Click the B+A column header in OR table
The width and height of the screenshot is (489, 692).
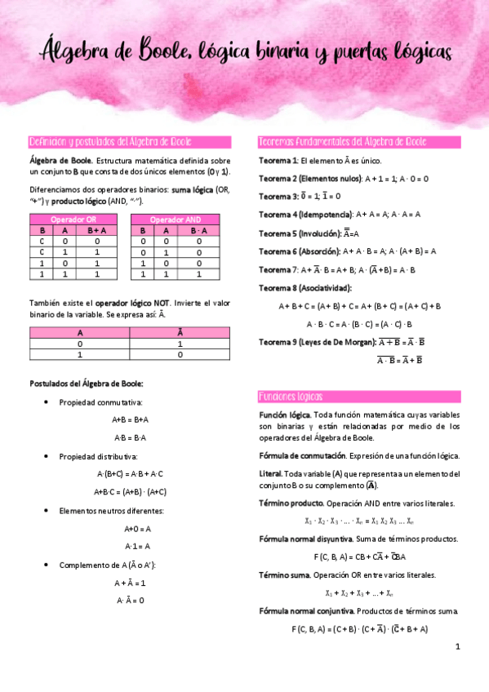[x=96, y=230]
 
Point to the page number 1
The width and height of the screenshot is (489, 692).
[x=458, y=646]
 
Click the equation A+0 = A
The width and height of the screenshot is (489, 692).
[x=131, y=528]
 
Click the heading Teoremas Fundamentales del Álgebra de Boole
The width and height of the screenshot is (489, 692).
[x=341, y=141]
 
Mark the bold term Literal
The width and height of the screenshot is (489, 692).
[x=270, y=473]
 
